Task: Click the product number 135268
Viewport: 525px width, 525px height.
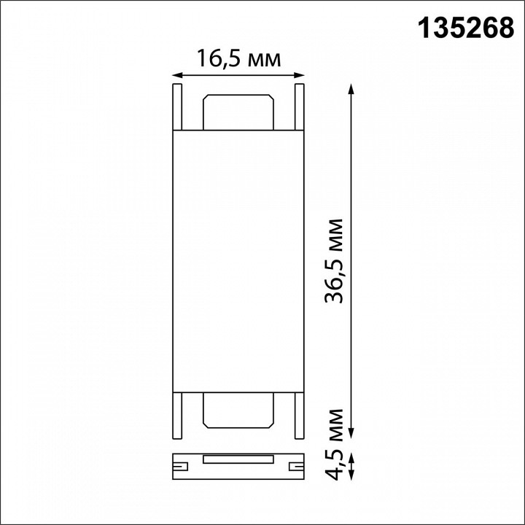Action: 465,28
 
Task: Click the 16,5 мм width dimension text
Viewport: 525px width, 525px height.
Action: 238,59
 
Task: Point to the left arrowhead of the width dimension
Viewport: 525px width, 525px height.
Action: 176,74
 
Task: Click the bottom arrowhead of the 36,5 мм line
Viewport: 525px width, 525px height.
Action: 352,435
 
